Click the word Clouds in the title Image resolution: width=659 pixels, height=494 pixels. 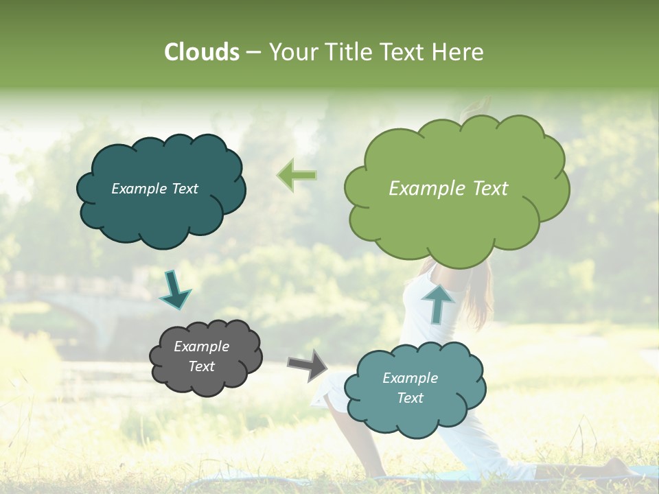click(202, 52)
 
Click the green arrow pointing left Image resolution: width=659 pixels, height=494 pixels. click(297, 175)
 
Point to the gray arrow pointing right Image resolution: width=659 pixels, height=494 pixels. click(308, 364)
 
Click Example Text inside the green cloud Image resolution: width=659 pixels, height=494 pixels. click(448, 189)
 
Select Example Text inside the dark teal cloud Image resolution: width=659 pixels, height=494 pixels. click(154, 189)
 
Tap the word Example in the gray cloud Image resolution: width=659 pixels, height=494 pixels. click(201, 346)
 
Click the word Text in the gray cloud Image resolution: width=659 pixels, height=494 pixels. click(201, 366)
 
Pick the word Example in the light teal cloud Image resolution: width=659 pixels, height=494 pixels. click(410, 378)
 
